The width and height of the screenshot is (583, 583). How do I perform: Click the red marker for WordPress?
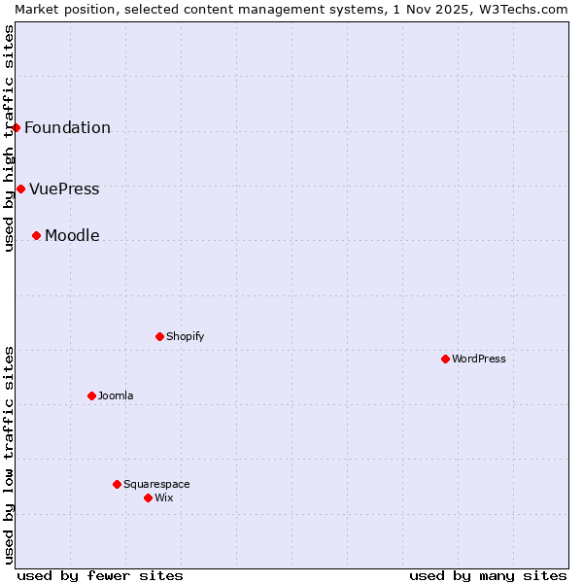point(445,359)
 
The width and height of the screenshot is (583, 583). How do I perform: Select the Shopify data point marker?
point(159,336)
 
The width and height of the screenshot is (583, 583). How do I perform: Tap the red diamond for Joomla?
point(91,395)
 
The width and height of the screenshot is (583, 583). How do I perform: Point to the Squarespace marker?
point(117,484)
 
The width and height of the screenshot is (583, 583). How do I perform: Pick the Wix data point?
point(148,497)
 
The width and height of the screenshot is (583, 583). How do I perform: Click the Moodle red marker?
point(36,235)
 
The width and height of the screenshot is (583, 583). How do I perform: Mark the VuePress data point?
point(20,189)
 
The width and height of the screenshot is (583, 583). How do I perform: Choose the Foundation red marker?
point(16,127)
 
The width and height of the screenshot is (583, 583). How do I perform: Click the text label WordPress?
point(479,359)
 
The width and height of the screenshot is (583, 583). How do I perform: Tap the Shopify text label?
point(185,336)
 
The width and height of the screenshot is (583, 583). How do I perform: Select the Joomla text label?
point(116,395)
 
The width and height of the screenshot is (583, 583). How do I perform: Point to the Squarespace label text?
point(156,484)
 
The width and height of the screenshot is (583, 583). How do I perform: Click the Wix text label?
point(164,497)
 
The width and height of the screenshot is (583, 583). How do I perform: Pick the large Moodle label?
point(72,235)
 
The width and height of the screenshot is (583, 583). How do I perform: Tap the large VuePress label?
point(64,189)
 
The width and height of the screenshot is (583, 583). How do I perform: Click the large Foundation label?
point(67,127)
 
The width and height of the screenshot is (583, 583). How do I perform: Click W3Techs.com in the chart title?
point(529,9)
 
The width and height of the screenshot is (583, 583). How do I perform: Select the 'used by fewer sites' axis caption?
point(100,575)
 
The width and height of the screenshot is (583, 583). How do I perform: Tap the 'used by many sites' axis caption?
point(488,575)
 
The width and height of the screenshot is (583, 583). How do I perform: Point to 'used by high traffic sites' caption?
point(9,138)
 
